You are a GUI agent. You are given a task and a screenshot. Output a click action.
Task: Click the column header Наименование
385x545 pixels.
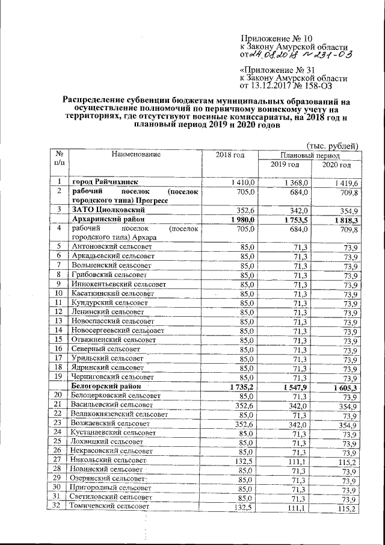135,155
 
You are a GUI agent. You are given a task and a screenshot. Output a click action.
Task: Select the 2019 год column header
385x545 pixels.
285,165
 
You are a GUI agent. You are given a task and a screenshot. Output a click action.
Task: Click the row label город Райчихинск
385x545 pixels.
105,182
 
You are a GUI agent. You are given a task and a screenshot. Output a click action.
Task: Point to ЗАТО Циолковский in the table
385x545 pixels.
108,210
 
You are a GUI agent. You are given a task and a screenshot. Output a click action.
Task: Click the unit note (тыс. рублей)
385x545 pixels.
333,145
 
